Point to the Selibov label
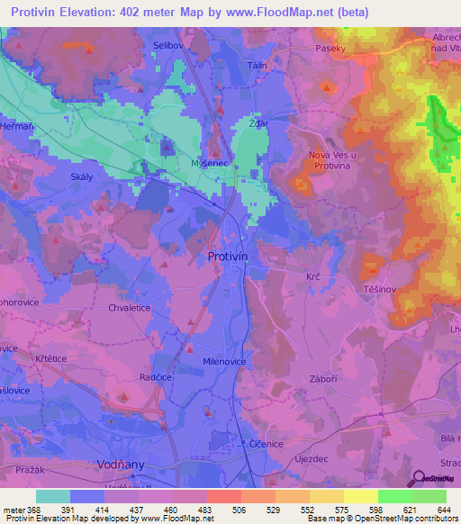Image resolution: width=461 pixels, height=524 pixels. click(169, 44)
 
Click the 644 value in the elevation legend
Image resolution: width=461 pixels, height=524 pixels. click(442, 510)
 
